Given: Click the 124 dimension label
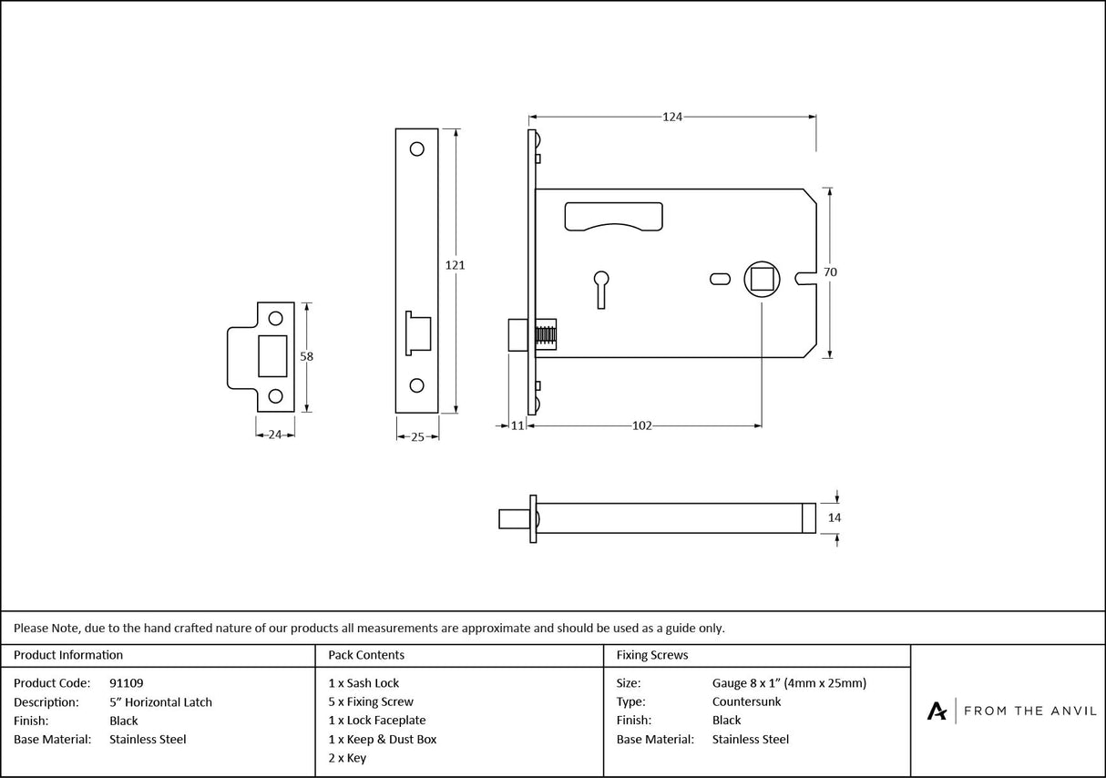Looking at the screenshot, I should point(672,117).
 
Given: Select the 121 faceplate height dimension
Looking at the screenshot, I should point(455,265).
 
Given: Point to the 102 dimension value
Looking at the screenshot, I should point(642,425).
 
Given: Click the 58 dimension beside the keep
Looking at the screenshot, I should point(307,357).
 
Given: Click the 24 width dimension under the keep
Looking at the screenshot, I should point(274,435).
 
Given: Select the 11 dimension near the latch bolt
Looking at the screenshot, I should point(517,425).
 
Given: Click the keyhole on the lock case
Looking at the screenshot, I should point(600,285).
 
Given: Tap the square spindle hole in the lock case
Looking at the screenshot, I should point(761,277).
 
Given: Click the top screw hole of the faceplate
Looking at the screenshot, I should point(417,148).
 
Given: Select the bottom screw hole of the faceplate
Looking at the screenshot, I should point(417,385).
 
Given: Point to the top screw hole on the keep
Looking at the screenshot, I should point(274,318).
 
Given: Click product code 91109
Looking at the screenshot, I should point(126,683).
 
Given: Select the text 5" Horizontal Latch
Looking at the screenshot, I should point(160,702).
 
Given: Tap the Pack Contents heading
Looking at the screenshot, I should point(366,655).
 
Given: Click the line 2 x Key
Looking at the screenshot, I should point(347,758).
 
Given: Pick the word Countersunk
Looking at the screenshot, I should point(746,702).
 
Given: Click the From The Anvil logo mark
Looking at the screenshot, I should point(937,711).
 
